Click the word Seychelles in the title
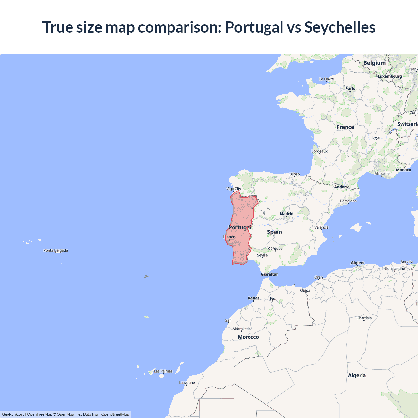click(340, 27)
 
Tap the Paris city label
click(350, 88)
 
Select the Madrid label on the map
click(286, 214)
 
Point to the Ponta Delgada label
click(56, 250)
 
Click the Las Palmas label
click(163, 371)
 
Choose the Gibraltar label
click(269, 274)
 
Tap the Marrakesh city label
click(241, 329)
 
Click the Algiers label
click(357, 263)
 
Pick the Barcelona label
click(348, 201)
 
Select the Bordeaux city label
click(319, 151)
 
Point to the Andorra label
click(342, 187)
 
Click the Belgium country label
click(374, 63)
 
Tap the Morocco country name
click(248, 337)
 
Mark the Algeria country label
click(357, 376)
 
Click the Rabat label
click(253, 298)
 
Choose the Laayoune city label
click(186, 383)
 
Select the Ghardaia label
click(364, 318)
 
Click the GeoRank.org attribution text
click(13, 414)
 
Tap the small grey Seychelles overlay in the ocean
click(146, 277)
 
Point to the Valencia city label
click(321, 227)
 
